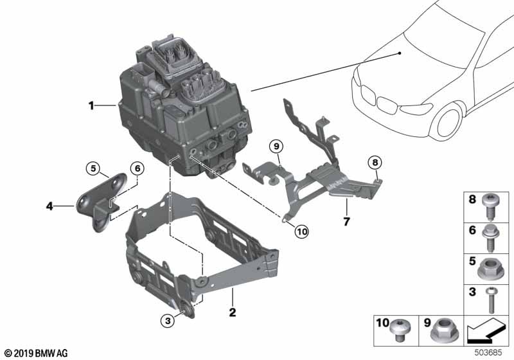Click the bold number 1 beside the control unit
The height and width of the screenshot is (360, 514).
click(x=91, y=105)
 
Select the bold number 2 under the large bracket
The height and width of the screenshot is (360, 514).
click(x=233, y=313)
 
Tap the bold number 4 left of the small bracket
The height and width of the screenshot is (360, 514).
click(x=49, y=206)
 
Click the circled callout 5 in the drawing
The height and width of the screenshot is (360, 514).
click(x=93, y=169)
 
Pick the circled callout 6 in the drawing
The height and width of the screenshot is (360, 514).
click(x=136, y=168)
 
